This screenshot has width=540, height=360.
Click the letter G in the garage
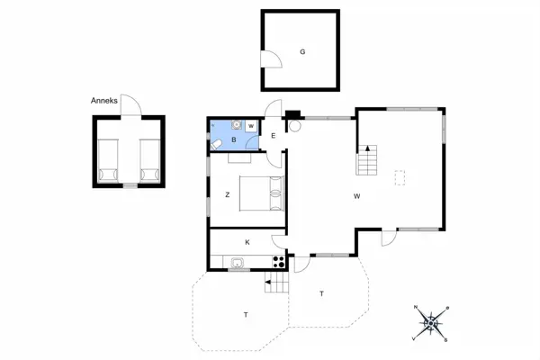pos(302,52)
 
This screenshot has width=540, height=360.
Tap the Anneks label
pos(103,102)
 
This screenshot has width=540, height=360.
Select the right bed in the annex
pos(150,161)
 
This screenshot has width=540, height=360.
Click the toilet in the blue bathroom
pos(218,145)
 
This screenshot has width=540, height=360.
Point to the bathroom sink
pos(235,126)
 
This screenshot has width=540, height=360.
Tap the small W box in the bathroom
pos(251,126)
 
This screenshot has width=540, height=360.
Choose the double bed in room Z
pos(261,193)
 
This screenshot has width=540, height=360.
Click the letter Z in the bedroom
pos(227,193)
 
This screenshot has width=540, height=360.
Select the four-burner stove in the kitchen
pos(279,262)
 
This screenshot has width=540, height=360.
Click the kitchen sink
pos(238,262)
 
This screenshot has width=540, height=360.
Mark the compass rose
pos(431,321)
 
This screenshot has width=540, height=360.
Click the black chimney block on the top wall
pos(292,114)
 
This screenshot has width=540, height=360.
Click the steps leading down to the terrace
pos(276,283)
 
